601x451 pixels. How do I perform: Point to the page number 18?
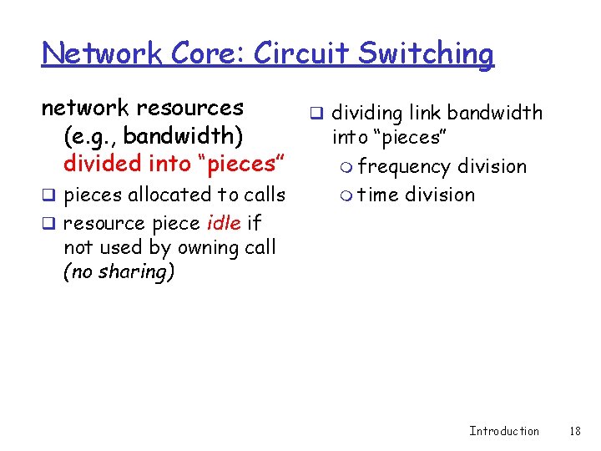click(573, 431)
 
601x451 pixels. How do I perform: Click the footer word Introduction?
click(504, 431)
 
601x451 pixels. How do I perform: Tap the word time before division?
click(378, 195)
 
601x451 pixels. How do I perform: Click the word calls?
click(263, 195)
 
